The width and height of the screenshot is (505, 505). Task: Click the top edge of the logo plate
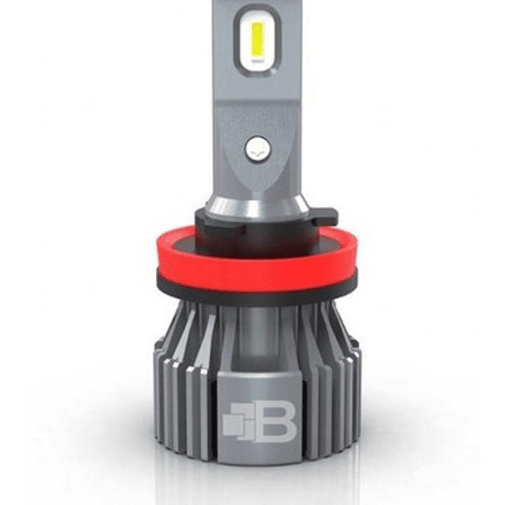(x=256, y=373)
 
